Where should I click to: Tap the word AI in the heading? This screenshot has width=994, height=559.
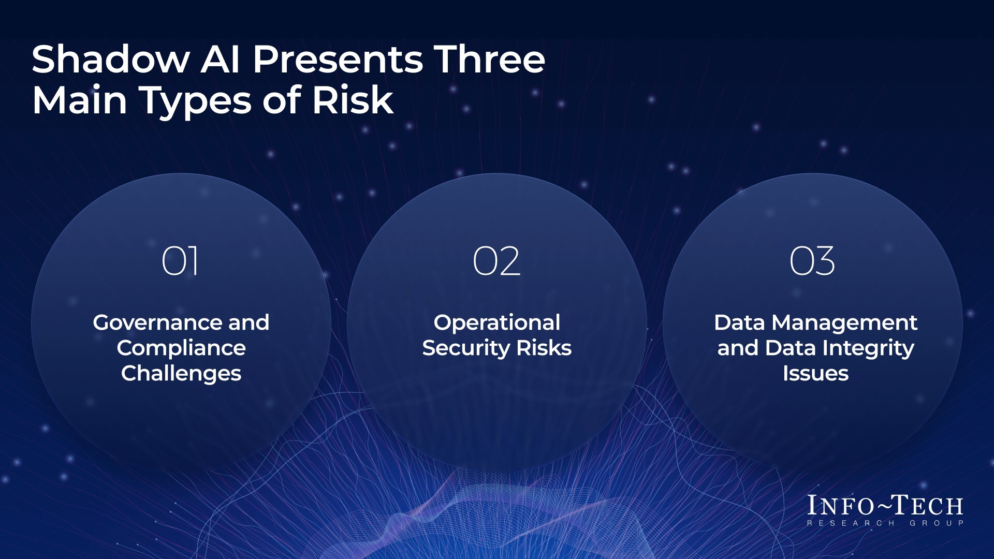tap(220, 59)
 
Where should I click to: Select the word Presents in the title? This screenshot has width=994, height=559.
tap(337, 60)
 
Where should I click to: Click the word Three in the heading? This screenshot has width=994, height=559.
tap(489, 59)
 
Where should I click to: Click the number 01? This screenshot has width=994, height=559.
tap(180, 261)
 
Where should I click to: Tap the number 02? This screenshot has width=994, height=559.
tap(496, 261)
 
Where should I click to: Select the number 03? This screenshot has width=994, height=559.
tap(812, 261)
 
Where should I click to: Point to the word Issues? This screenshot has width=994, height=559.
tap(815, 373)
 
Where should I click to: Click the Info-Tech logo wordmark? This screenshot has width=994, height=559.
tap(885, 506)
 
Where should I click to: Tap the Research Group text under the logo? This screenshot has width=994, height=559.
tap(885, 523)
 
